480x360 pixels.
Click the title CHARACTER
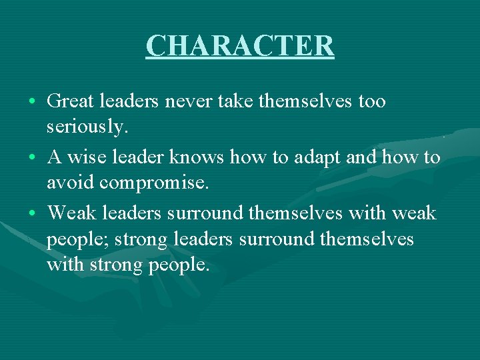click(240, 46)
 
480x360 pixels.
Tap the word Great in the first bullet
click(72, 101)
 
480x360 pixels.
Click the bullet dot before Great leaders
click(33, 103)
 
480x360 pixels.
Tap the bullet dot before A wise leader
click(33, 159)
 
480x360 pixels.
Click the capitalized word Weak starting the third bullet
click(73, 213)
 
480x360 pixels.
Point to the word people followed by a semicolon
click(76, 239)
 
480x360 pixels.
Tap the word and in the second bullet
click(363, 157)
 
